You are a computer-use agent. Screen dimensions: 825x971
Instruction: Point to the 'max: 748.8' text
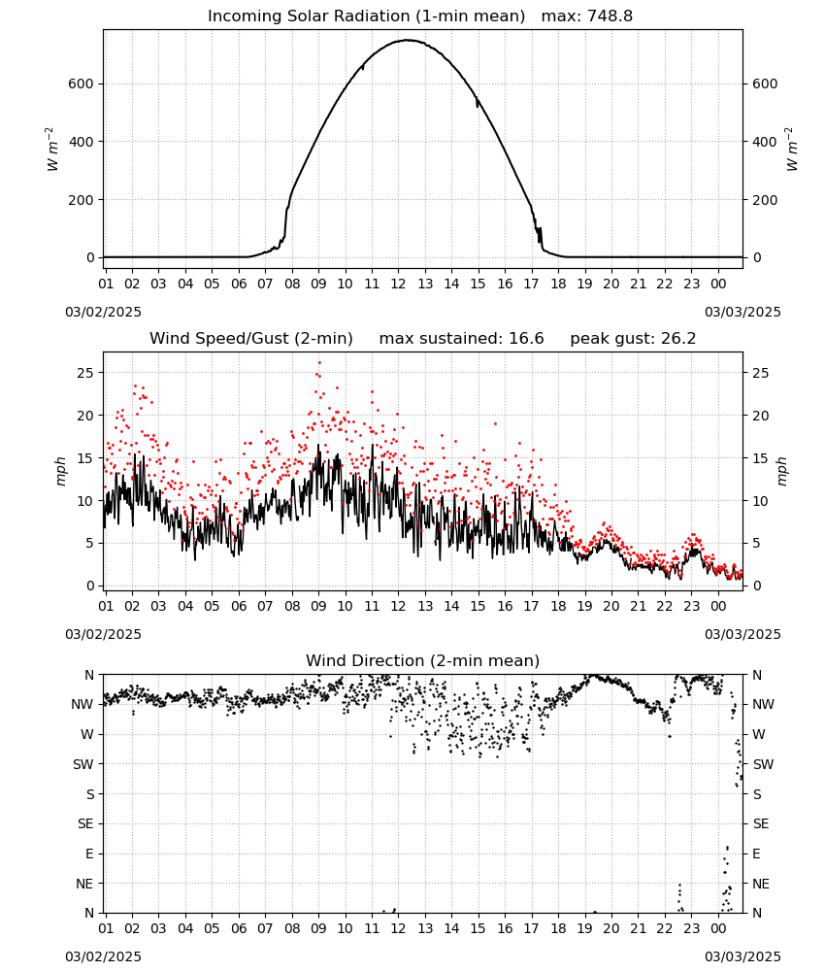[587, 17]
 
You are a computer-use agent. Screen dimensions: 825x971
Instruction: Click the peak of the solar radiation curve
[408, 40]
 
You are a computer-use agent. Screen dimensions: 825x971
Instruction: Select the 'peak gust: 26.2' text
[633, 339]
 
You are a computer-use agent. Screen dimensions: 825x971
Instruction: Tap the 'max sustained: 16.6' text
[461, 339]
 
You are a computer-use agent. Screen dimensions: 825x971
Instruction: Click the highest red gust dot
[319, 363]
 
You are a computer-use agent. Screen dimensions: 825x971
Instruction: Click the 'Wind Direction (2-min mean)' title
[423, 660]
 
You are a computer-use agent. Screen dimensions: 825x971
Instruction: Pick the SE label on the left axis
[85, 823]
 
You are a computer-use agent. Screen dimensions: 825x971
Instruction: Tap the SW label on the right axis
[763, 764]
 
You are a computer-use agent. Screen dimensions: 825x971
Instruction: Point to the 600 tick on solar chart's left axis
[82, 84]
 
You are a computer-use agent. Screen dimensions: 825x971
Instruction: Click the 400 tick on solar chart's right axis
[765, 142]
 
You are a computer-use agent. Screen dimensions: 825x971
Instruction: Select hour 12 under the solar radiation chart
[398, 284]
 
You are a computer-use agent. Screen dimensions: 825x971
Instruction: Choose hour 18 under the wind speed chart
[558, 606]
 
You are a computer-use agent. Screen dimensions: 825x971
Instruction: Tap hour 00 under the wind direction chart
[718, 929]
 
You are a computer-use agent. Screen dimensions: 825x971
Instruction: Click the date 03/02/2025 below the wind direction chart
[103, 956]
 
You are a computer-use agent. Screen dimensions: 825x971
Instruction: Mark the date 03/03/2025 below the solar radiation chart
[742, 312]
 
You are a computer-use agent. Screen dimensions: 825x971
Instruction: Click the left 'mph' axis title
[60, 471]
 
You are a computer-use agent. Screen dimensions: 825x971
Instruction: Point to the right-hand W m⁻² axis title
[792, 150]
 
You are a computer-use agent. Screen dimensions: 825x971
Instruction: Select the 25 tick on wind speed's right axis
[761, 373]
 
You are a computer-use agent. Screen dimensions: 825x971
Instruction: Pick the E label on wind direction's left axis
[89, 854]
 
